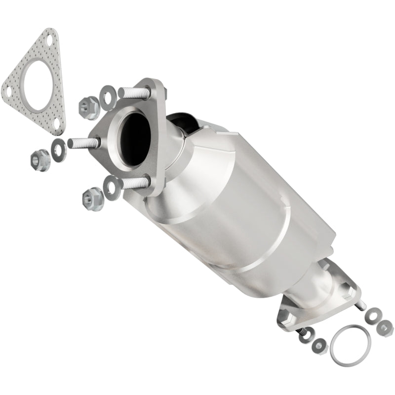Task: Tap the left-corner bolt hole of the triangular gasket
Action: pyautogui.click(x=8, y=90)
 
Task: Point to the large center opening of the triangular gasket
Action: pyautogui.click(x=37, y=83)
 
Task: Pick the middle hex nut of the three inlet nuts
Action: pyautogui.click(x=40, y=159)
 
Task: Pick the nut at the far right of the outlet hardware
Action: pyautogui.click(x=385, y=326)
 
